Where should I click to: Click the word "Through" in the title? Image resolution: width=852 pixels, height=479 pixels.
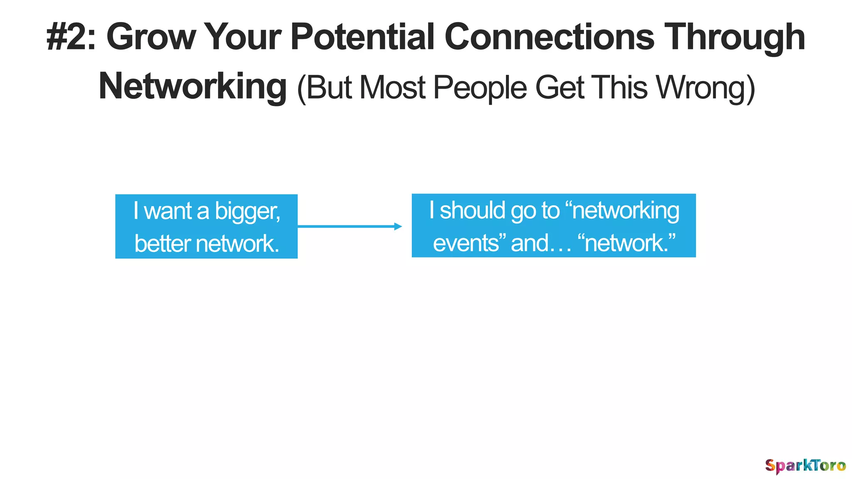734,37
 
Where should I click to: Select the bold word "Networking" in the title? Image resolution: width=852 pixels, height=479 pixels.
193,86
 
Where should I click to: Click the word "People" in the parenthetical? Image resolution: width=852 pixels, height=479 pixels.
480,88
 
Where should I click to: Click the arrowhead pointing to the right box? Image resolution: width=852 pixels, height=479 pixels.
398,227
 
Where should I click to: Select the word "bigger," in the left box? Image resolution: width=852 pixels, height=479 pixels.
248,211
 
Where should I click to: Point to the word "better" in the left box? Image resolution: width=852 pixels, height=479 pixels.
162,243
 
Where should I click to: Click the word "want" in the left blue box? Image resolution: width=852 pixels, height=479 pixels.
168,211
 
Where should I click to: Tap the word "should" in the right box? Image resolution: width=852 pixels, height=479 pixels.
473,210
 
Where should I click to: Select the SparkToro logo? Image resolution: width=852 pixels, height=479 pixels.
805,466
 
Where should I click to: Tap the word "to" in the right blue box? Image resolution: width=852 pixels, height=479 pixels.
550,210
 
